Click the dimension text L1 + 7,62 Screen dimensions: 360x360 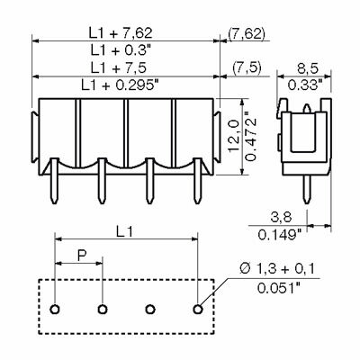(x=121, y=33)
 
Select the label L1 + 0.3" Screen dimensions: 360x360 (x=121, y=49)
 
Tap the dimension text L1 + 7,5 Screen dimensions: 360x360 (x=119, y=68)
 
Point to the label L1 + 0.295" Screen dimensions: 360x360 (x=120, y=85)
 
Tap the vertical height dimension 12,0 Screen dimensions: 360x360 (x=233, y=136)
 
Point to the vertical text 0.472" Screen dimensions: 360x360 (x=250, y=136)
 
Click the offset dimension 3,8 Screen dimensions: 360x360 (x=281, y=217)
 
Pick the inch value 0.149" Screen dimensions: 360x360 (x=280, y=235)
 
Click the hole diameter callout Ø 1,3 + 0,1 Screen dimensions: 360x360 (x=277, y=269)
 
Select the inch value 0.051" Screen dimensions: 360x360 (x=279, y=288)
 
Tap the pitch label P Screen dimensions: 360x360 (x=82, y=256)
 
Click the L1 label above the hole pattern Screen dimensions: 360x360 (x=124, y=231)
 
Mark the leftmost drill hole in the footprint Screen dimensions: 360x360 (x=55, y=309)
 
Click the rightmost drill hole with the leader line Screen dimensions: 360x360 (x=197, y=309)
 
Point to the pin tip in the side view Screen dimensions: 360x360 (x=306, y=202)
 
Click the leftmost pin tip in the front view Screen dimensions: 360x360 (x=54, y=202)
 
